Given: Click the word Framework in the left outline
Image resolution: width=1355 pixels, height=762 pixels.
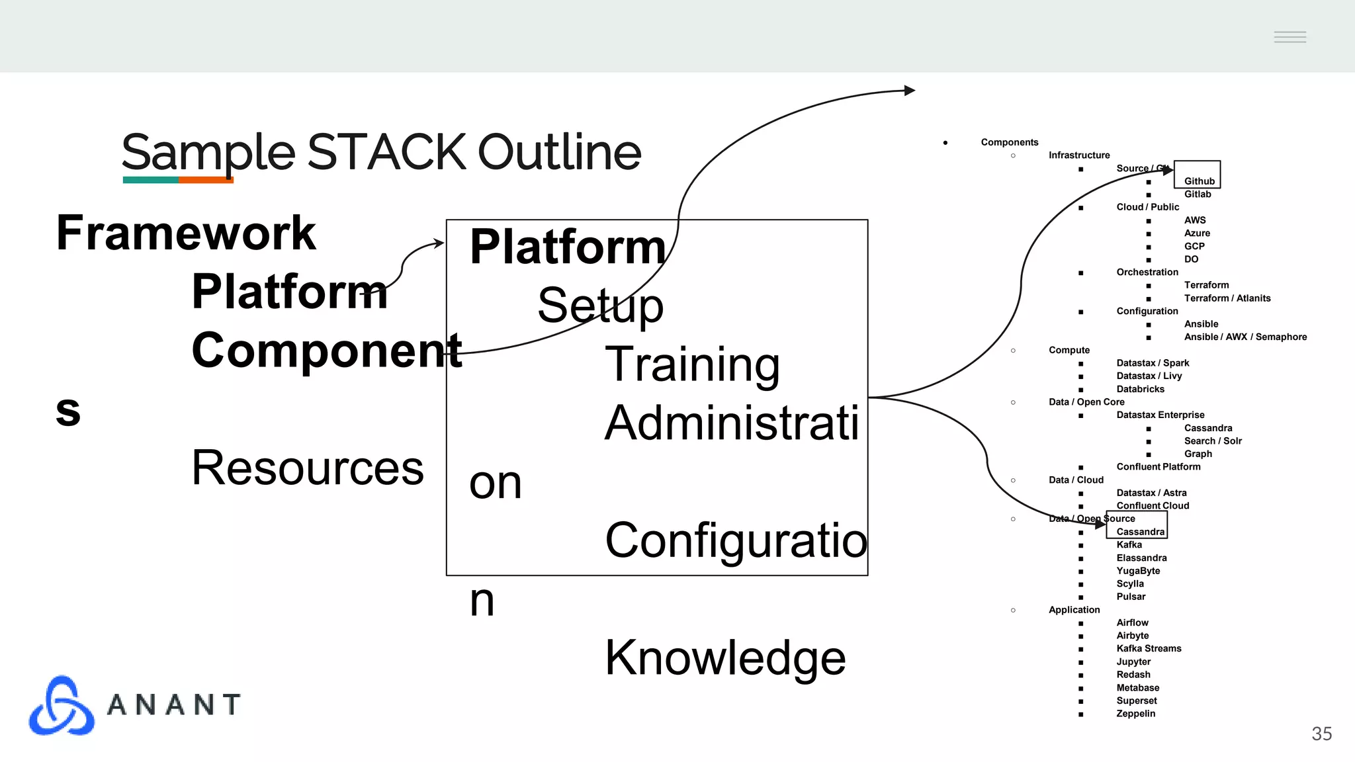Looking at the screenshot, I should (186, 233).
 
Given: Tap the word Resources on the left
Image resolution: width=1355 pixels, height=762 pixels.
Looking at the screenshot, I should (307, 468).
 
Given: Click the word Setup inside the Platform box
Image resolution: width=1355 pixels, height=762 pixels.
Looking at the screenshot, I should (600, 306).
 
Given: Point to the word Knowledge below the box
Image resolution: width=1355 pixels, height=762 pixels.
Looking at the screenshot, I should (725, 657).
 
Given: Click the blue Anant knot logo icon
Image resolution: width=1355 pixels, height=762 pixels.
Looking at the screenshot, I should (62, 706).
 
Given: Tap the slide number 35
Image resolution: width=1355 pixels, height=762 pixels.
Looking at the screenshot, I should (1321, 734).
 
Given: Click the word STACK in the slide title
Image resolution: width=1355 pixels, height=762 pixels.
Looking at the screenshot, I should (386, 152).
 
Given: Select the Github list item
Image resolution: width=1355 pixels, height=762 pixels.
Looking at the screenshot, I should (1199, 181).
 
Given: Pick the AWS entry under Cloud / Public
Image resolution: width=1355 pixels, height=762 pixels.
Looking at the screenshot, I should (1194, 220).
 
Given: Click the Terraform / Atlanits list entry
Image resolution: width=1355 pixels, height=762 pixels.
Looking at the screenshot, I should (1227, 298).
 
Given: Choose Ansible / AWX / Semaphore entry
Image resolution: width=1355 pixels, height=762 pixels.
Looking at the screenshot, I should (1245, 337).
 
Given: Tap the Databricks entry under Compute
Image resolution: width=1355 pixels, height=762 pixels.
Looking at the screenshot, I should (1140, 389).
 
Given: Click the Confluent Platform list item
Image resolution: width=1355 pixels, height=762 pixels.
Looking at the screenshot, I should (1158, 467).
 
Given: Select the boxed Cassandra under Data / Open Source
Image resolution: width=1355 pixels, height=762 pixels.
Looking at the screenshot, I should (1139, 532).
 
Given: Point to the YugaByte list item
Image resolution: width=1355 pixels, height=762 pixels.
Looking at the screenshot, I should (1137, 571).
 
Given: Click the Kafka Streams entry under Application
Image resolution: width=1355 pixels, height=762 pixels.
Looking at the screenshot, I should (1148, 649).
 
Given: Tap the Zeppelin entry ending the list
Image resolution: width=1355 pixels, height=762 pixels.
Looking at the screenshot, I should (1135, 714).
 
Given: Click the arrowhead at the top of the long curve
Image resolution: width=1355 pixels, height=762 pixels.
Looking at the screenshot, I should (910, 90).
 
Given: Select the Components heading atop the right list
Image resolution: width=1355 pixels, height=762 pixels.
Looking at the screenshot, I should (1009, 142).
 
